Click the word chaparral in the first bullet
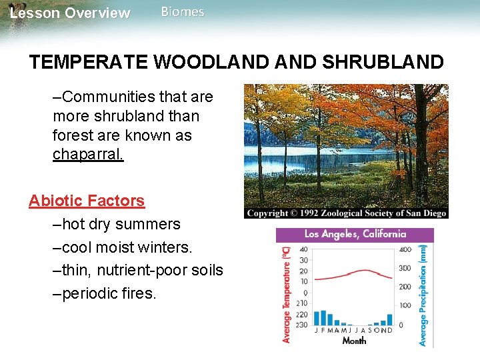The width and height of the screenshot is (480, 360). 88,155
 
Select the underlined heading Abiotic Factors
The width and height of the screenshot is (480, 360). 87,201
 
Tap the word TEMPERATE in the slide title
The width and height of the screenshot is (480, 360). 89,63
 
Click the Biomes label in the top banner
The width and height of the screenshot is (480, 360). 183,12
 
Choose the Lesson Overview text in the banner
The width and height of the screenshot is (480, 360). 70,13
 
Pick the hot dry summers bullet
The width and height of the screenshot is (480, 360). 117,224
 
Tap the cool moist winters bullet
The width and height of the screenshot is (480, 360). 123,247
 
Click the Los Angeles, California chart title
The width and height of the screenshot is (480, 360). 355,235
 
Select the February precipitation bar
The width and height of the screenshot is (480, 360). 323,317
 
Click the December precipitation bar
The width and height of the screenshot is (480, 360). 390,319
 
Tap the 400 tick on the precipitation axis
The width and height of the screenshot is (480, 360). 405,249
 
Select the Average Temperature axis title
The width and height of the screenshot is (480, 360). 287,293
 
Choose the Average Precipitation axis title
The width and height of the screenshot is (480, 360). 423,293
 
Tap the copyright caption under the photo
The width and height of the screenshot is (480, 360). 346,213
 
